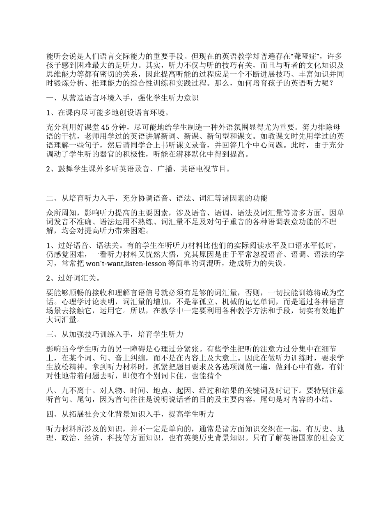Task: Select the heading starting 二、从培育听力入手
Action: [157, 199]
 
